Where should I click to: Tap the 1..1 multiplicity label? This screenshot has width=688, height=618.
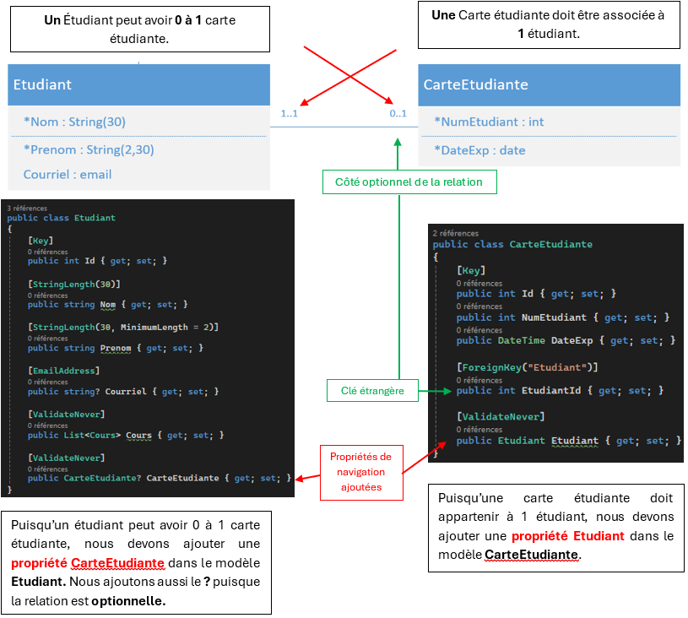[x=289, y=113]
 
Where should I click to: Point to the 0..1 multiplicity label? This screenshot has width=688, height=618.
[x=398, y=113]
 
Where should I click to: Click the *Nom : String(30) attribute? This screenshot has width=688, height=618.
[x=74, y=122]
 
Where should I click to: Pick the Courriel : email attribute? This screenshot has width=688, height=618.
[x=68, y=175]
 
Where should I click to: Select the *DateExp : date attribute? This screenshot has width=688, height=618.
[x=479, y=150]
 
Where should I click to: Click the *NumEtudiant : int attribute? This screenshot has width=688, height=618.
[x=489, y=122]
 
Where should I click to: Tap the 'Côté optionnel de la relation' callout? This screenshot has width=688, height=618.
[x=409, y=182]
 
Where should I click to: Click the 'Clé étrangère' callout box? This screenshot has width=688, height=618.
[x=372, y=390]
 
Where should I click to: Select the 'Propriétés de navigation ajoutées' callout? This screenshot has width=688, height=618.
[x=361, y=472]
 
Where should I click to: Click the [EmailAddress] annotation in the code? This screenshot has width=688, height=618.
[x=63, y=370]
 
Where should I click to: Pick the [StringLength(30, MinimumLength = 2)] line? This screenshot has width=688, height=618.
[x=123, y=327]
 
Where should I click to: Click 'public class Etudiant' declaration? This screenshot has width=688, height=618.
[x=61, y=218]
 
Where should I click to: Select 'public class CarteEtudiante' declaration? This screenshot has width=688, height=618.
[x=512, y=244]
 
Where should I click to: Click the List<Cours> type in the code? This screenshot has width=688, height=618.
[x=92, y=435]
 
